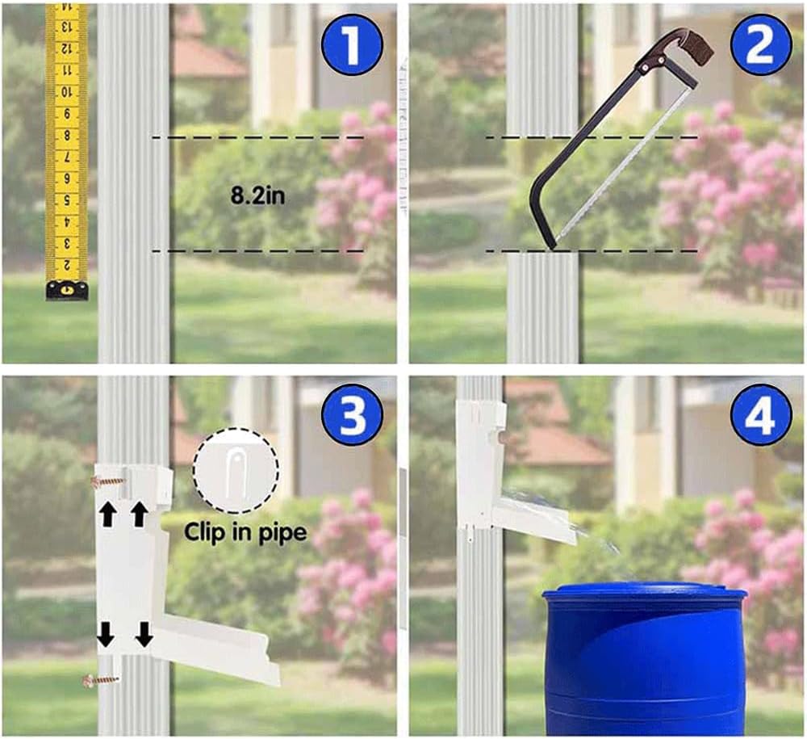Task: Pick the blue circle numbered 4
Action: pos(759,418)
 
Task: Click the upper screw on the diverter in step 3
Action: pos(105,482)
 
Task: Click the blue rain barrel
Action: pos(644,658)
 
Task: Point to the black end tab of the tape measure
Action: pos(67,289)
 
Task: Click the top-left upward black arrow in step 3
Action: pos(106,513)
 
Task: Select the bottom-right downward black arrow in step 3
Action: pos(144,635)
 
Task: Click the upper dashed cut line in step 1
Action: pos(258,137)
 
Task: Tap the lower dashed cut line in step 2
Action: pos(593,251)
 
